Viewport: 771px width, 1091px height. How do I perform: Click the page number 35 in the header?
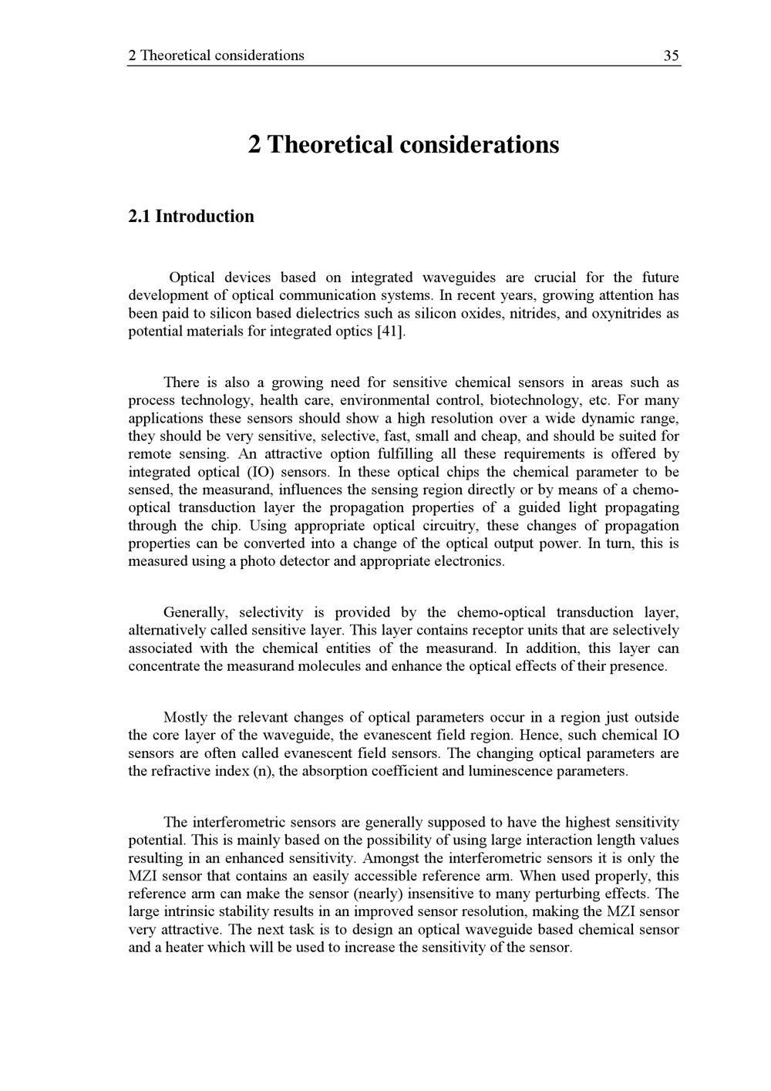point(671,56)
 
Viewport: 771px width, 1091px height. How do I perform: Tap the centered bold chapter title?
point(404,144)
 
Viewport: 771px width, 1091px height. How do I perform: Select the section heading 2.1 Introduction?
point(190,216)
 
